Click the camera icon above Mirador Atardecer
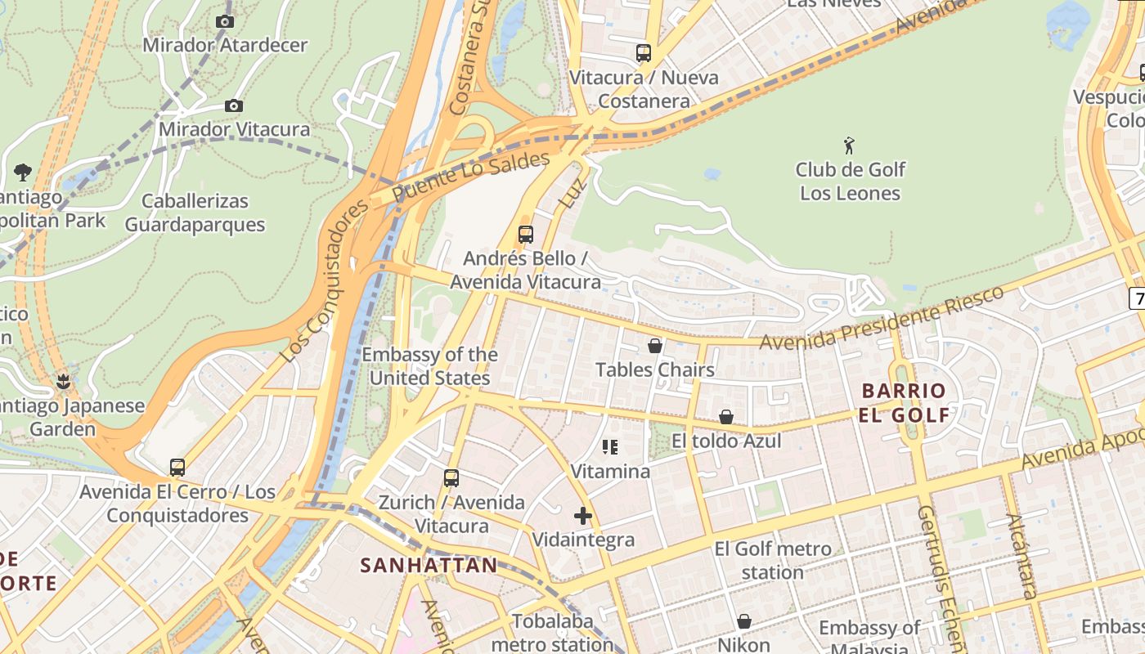[225, 22]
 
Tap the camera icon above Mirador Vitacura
[234, 105]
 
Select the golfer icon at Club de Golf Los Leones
[850, 146]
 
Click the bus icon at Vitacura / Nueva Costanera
[644, 53]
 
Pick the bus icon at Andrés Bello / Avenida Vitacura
[526, 235]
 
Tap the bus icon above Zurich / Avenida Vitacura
[451, 478]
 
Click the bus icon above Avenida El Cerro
[177, 468]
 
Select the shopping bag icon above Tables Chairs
[654, 346]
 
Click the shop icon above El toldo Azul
[725, 418]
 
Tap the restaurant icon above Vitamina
[610, 447]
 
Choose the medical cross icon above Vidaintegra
[583, 516]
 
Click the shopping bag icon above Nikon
[744, 621]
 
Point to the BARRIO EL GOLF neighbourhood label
[904, 402]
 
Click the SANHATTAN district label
[429, 565]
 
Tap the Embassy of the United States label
[429, 366]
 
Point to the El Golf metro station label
[773, 560]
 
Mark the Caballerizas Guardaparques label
[195, 213]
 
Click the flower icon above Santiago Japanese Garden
[64, 382]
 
